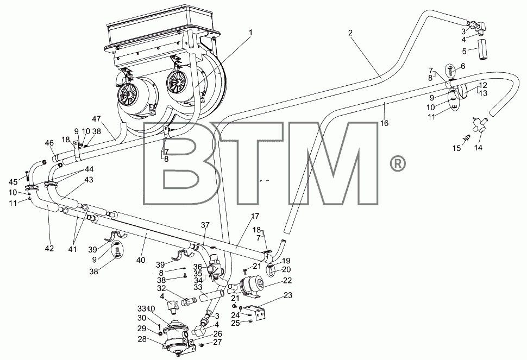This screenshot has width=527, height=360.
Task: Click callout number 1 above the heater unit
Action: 250,33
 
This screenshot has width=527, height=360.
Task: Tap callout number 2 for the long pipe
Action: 350,33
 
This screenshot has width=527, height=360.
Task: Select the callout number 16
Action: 384,123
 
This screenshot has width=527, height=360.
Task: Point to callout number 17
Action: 255,216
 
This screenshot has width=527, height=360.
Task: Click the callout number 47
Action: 97,118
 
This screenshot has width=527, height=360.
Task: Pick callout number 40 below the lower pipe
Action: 141,260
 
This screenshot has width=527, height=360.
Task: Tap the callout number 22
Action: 287,280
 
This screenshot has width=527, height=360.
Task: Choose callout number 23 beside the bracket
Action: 288,295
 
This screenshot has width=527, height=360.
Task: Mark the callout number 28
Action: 142,339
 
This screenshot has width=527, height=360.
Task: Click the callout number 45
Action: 13,182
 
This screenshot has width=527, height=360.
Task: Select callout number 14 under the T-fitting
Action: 478,148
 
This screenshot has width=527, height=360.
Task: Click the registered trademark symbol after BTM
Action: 398,163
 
